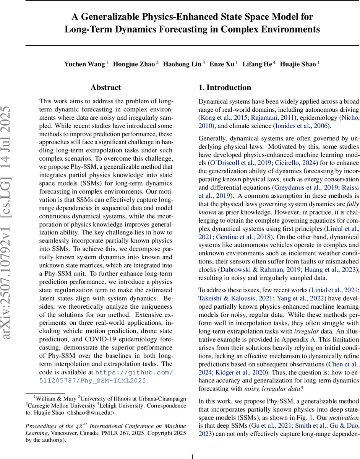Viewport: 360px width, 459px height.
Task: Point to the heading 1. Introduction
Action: pyautogui.click(x=225, y=88)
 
